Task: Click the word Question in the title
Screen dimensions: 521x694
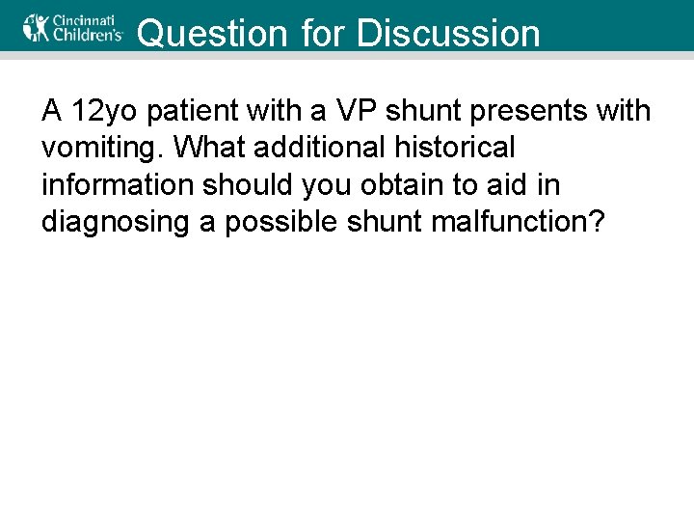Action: [x=212, y=34]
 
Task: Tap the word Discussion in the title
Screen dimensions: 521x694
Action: [x=448, y=34]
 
